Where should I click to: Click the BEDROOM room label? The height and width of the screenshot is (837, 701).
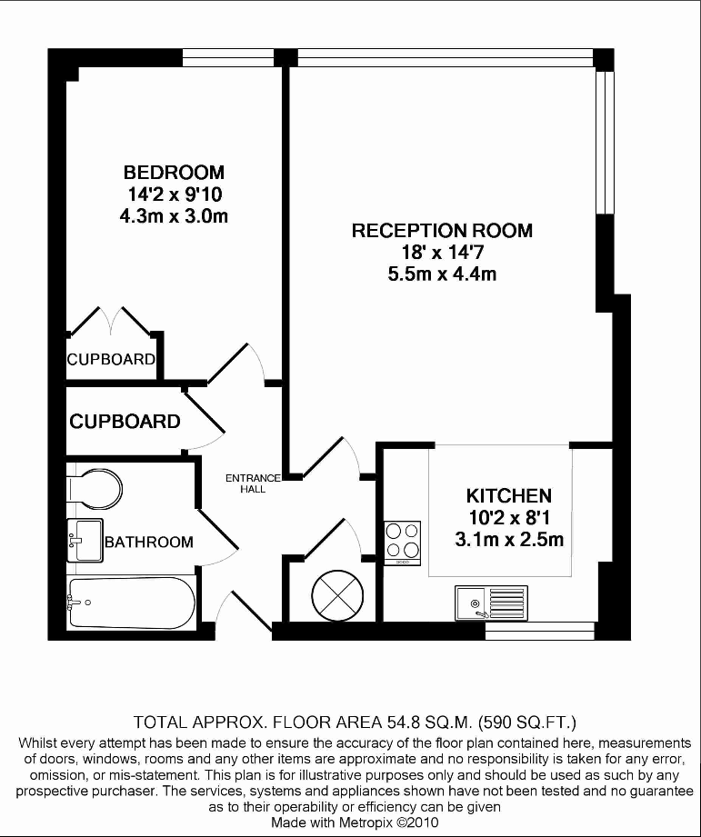click(174, 173)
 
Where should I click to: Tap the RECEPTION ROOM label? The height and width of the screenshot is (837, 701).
click(442, 231)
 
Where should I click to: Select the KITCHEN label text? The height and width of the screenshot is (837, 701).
click(509, 496)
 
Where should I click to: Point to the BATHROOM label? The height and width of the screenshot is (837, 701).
click(149, 543)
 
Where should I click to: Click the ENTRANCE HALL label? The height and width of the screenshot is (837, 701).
click(253, 483)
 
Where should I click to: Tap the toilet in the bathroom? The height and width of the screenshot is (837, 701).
click(95, 488)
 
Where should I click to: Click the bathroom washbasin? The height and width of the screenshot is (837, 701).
click(85, 540)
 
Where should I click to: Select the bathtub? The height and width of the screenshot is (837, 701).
click(131, 603)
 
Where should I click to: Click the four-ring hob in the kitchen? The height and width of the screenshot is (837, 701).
click(403, 543)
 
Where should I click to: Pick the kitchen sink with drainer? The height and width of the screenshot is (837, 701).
click(491, 603)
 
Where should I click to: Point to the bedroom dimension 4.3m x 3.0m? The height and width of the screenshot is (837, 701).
click(174, 216)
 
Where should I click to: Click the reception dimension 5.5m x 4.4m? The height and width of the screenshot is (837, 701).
click(442, 274)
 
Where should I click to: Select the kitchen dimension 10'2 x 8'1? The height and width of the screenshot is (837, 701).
click(509, 518)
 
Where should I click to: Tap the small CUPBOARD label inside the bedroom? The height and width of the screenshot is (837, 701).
click(111, 359)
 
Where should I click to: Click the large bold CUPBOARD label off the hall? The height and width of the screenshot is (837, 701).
click(125, 422)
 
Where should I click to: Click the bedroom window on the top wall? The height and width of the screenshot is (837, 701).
click(228, 57)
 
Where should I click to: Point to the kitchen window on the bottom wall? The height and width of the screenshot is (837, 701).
click(540, 631)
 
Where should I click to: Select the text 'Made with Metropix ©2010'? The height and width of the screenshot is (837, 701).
click(355, 822)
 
